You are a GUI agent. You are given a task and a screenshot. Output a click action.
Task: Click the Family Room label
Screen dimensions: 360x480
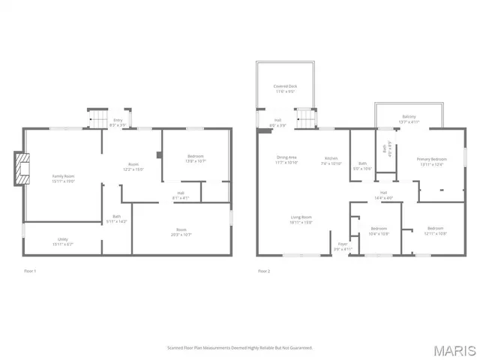point(63,178)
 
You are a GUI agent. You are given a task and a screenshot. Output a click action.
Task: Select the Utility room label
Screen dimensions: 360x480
point(63,241)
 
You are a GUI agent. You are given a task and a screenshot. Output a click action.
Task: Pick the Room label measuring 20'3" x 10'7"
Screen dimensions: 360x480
point(181,232)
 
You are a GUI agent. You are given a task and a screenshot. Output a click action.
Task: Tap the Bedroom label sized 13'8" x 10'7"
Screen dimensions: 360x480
point(195,158)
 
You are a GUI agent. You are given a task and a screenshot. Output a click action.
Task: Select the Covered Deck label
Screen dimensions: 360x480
point(285,88)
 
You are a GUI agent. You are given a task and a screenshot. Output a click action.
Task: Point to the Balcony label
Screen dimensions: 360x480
point(409,118)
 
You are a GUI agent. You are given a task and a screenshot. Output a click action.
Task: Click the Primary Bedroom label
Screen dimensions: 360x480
point(431,161)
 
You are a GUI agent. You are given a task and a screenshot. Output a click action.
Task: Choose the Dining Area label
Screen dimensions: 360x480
point(287,160)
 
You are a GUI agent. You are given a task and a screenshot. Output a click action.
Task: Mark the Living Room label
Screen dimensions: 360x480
point(301,220)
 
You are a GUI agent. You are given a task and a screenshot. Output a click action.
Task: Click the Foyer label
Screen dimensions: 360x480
point(342,246)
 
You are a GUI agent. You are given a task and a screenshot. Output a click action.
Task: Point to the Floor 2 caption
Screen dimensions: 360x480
point(263,271)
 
